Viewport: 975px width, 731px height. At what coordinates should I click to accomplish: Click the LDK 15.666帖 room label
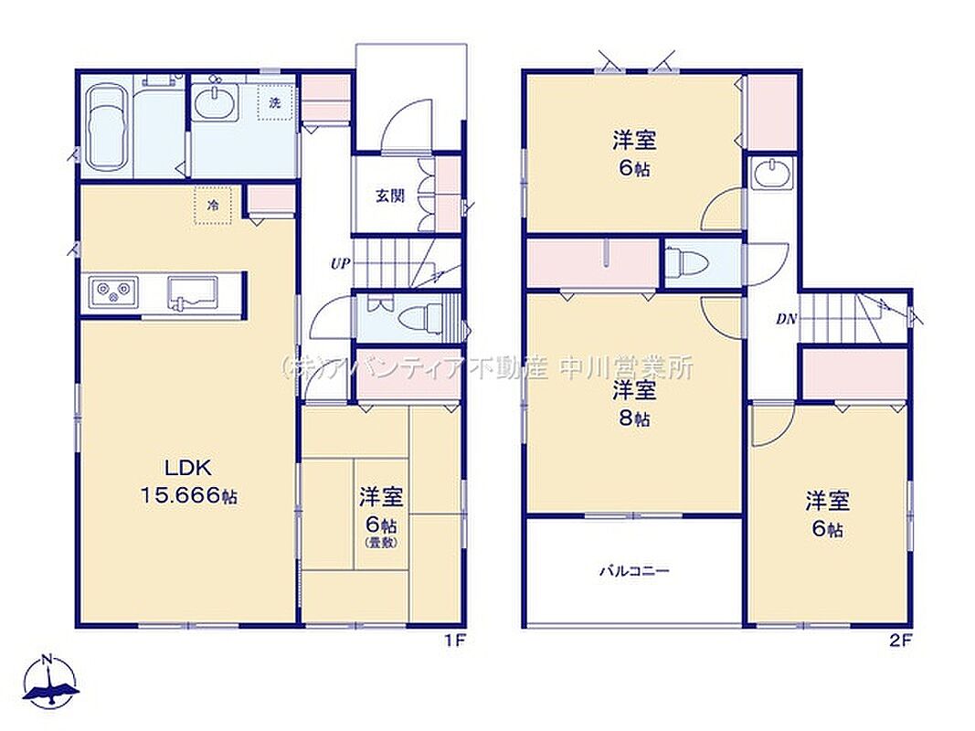click(188, 482)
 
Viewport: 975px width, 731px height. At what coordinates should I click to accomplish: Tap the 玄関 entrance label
click(390, 196)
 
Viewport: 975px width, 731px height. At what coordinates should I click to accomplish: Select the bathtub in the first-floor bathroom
click(107, 128)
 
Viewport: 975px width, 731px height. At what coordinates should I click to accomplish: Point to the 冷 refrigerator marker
click(213, 205)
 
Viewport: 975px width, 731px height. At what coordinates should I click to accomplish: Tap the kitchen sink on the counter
click(192, 292)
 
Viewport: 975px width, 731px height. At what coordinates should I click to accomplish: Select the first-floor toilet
click(419, 319)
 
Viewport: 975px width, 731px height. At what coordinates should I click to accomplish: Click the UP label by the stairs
click(340, 263)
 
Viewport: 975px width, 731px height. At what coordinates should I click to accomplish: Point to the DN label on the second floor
click(787, 320)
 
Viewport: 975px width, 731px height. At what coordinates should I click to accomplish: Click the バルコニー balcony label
click(634, 570)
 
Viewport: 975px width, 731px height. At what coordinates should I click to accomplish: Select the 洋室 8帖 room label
click(634, 404)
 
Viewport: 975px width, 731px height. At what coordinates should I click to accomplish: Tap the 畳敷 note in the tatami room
click(381, 543)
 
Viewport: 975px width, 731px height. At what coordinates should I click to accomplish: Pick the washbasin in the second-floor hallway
click(771, 172)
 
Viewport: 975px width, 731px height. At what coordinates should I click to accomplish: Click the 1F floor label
click(455, 641)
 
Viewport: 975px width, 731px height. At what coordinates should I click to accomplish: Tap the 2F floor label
click(900, 641)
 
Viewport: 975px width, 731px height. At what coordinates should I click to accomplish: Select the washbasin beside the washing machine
click(215, 101)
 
